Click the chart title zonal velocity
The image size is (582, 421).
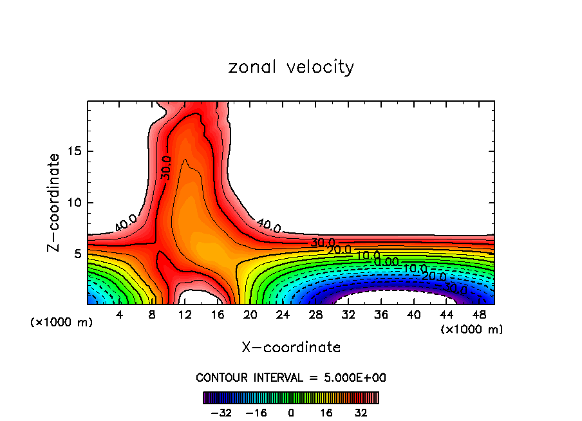(291, 67)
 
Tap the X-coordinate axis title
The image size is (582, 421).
(291, 348)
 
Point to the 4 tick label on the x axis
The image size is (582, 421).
(119, 315)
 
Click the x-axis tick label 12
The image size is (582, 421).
(185, 315)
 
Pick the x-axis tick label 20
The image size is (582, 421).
(250, 315)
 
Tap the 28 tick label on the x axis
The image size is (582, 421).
(315, 315)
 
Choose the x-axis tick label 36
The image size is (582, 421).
(381, 315)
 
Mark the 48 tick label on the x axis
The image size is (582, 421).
(480, 315)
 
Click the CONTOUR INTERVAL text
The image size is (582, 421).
(291, 378)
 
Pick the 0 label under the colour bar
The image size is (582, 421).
(291, 412)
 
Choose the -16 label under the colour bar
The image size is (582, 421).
(256, 412)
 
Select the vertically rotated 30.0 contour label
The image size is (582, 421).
(166, 167)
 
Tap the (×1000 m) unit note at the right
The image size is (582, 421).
(471, 329)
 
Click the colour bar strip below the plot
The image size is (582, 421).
(291, 397)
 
